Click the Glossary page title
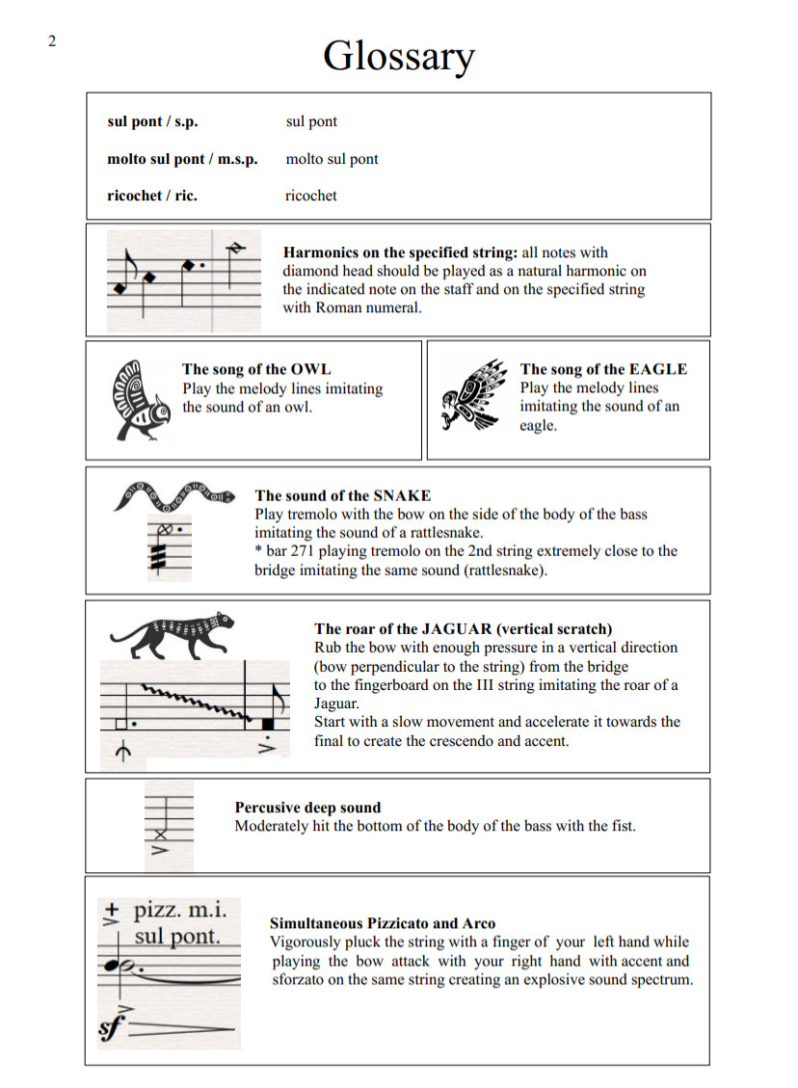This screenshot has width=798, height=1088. [x=398, y=56]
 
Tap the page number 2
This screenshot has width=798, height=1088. [x=51, y=40]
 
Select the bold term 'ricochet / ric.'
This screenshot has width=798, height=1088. [x=152, y=196]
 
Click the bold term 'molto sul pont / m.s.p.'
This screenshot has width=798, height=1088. [x=182, y=159]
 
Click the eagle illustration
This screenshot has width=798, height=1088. [x=474, y=396]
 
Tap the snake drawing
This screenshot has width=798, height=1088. [x=173, y=497]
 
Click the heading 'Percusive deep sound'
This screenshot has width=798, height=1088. [x=307, y=808]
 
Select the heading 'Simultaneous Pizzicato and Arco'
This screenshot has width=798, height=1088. [x=383, y=923]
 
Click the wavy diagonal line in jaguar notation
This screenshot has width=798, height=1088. [x=193, y=702]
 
